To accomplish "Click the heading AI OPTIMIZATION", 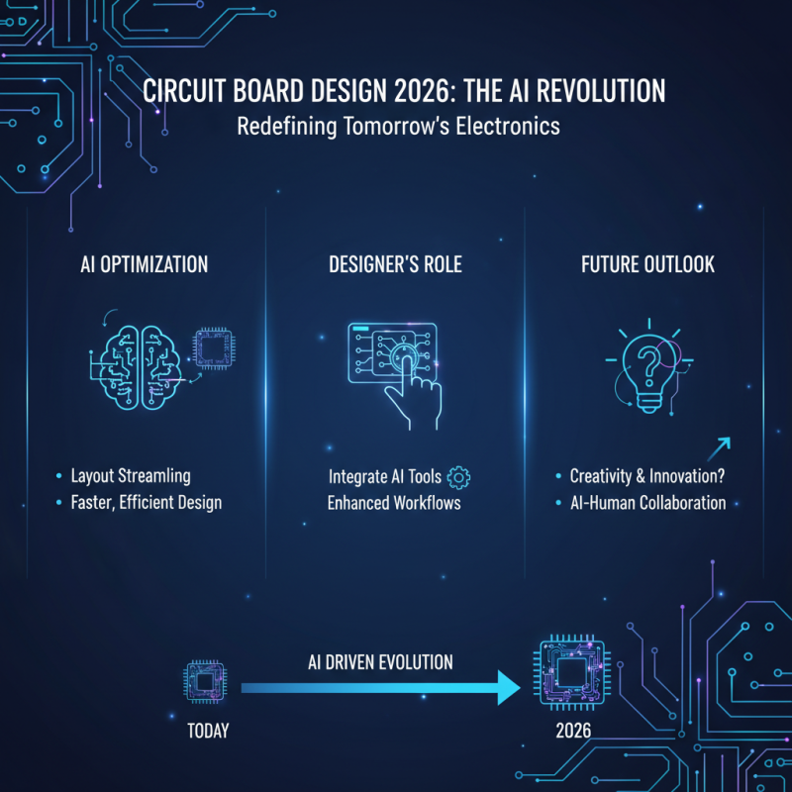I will pyautogui.click(x=145, y=265).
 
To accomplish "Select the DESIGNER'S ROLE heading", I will pyautogui.click(x=395, y=265).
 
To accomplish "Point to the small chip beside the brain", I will pyautogui.click(x=212, y=348).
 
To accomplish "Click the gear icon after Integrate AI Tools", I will pyautogui.click(x=459, y=476).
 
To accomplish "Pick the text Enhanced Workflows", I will pyautogui.click(x=394, y=502).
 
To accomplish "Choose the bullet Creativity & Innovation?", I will pyautogui.click(x=647, y=476).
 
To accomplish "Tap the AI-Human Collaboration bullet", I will pyautogui.click(x=647, y=502).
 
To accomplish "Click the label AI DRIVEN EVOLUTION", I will pyautogui.click(x=380, y=661).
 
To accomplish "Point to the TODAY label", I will pyautogui.click(x=208, y=732).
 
